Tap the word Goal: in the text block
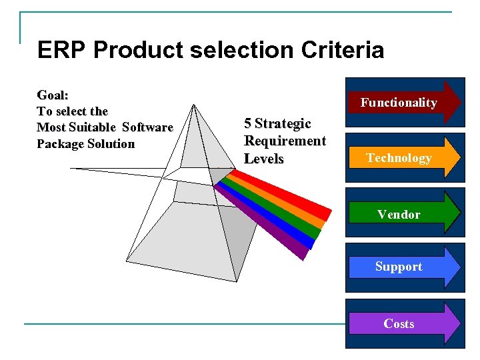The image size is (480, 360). point(53,95)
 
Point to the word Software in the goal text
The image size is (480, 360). point(147,127)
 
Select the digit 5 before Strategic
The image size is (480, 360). point(248,123)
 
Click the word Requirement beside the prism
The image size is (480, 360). point(285,141)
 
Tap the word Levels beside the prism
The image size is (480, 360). point(264,159)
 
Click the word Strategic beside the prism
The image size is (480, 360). point(283,123)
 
